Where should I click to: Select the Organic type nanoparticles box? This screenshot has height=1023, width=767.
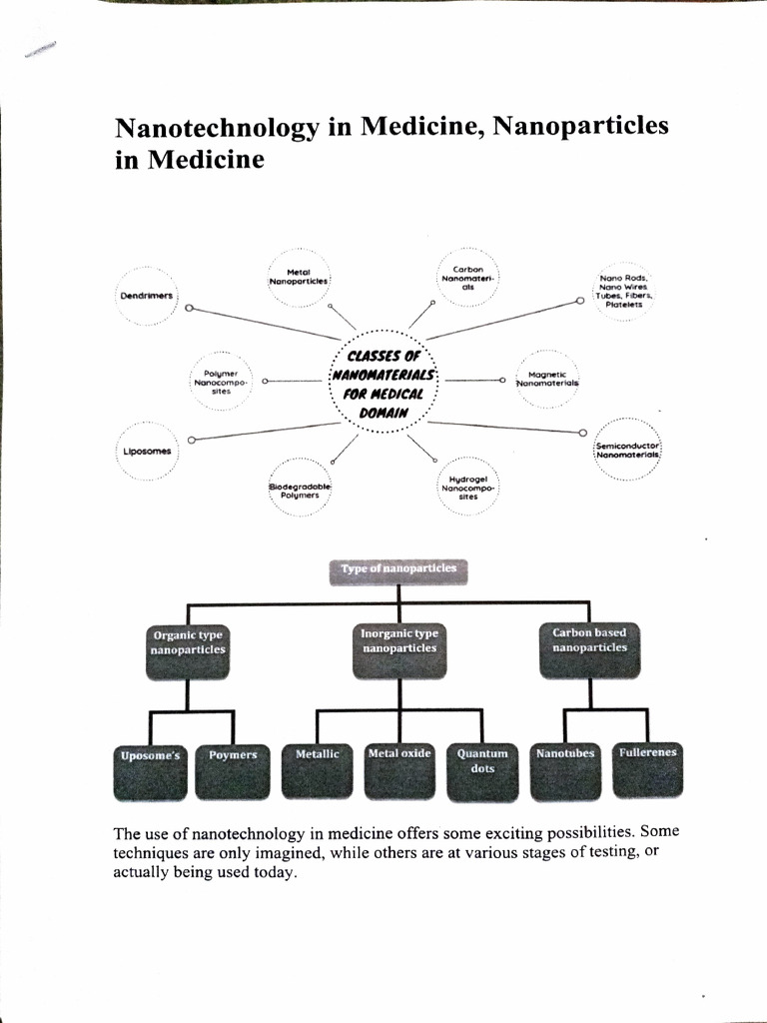(x=188, y=651)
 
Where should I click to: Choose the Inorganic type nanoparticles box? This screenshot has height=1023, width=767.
(x=399, y=650)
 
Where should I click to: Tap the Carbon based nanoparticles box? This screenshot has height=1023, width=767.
(x=589, y=649)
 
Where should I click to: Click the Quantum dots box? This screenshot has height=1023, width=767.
(x=482, y=772)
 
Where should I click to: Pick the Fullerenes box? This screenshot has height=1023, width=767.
(x=647, y=770)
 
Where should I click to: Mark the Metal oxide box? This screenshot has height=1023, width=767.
(x=399, y=771)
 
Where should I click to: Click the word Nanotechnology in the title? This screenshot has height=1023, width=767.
(x=217, y=128)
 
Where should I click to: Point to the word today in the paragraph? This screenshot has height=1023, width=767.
(x=277, y=873)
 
